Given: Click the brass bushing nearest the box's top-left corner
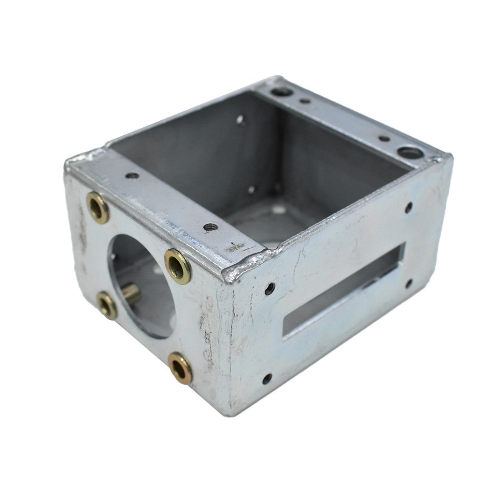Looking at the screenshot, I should pyautogui.click(x=98, y=208).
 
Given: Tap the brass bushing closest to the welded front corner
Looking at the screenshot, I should pyautogui.click(x=178, y=266).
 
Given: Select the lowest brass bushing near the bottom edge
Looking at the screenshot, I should pyautogui.click(x=180, y=368).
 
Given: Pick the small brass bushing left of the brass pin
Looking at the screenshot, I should pyautogui.click(x=107, y=305).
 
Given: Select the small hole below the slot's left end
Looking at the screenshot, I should pyautogui.click(x=267, y=378).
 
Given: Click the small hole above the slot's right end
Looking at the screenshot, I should pyautogui.click(x=408, y=208).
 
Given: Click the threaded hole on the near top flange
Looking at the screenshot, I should pyautogui.click(x=210, y=227).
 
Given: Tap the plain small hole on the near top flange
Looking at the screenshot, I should pyautogui.click(x=131, y=175).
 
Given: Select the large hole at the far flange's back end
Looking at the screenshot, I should pyautogui.click(x=282, y=91).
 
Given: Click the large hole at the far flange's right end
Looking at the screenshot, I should pyautogui.click(x=411, y=153).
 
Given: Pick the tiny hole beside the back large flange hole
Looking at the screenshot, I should pyautogui.click(x=305, y=101).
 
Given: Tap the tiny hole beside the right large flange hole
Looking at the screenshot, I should pyautogui.click(x=384, y=139).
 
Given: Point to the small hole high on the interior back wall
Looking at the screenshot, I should pyautogui.click(x=240, y=118).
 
